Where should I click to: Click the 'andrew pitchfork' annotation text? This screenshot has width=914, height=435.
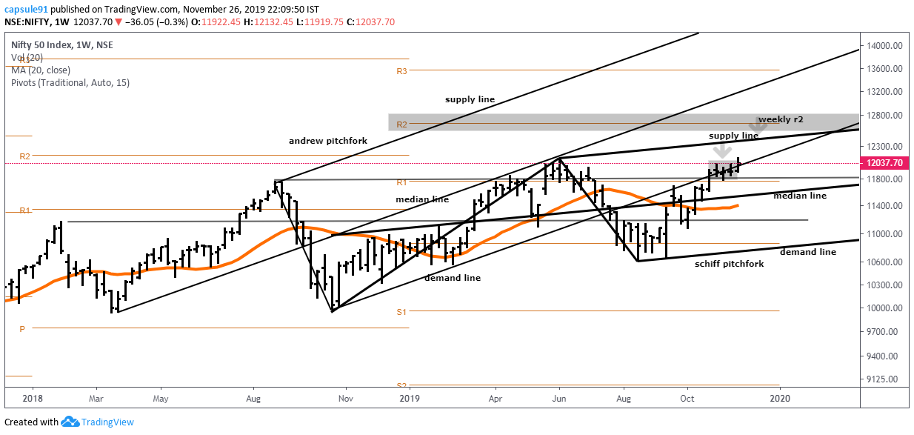[x=328, y=141]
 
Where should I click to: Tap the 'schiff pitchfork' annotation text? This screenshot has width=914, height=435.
[x=729, y=264]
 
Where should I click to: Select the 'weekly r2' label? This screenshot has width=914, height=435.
[x=781, y=119]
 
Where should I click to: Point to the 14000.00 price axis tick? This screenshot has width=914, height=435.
[x=887, y=46]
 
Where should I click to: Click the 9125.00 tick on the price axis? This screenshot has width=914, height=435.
[x=887, y=379]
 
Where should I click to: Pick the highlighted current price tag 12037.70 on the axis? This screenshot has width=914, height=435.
[x=887, y=163]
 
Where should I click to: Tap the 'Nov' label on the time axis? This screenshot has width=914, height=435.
[x=345, y=397]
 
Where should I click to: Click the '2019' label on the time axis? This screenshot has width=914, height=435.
[x=409, y=397]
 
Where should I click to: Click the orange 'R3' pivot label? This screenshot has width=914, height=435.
[x=402, y=71]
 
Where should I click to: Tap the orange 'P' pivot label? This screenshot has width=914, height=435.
[x=22, y=328]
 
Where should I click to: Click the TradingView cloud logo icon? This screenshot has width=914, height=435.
[x=70, y=422]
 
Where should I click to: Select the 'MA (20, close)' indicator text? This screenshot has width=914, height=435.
[x=41, y=70]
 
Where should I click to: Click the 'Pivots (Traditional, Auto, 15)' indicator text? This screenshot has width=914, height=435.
[x=70, y=82]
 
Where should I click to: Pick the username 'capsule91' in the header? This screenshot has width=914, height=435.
[x=25, y=10]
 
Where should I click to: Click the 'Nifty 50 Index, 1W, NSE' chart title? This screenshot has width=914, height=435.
[x=63, y=44]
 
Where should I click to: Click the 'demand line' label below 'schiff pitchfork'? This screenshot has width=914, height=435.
[x=808, y=252]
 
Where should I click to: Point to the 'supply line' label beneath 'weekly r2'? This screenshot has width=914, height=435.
[x=733, y=136]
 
